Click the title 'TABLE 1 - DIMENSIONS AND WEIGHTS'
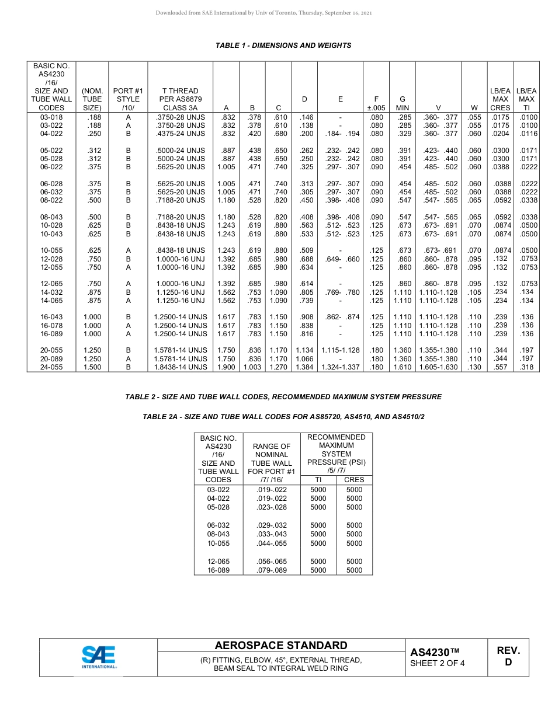point(283,46)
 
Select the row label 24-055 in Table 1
point(51,367)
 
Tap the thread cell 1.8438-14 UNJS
point(181,367)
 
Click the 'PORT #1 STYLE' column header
point(128,99)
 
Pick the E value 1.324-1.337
point(341,367)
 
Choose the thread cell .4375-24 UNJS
point(181,134)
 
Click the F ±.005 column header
point(377,103)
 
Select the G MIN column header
point(402,103)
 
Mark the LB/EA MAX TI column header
point(526,99)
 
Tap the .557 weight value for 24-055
point(501,367)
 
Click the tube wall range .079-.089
point(272,570)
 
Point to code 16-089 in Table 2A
point(218,570)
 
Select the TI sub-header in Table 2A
point(318,480)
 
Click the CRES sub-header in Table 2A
point(354,480)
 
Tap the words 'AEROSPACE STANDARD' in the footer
point(281,645)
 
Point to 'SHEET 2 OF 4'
point(438,663)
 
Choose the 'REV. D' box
point(508,656)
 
